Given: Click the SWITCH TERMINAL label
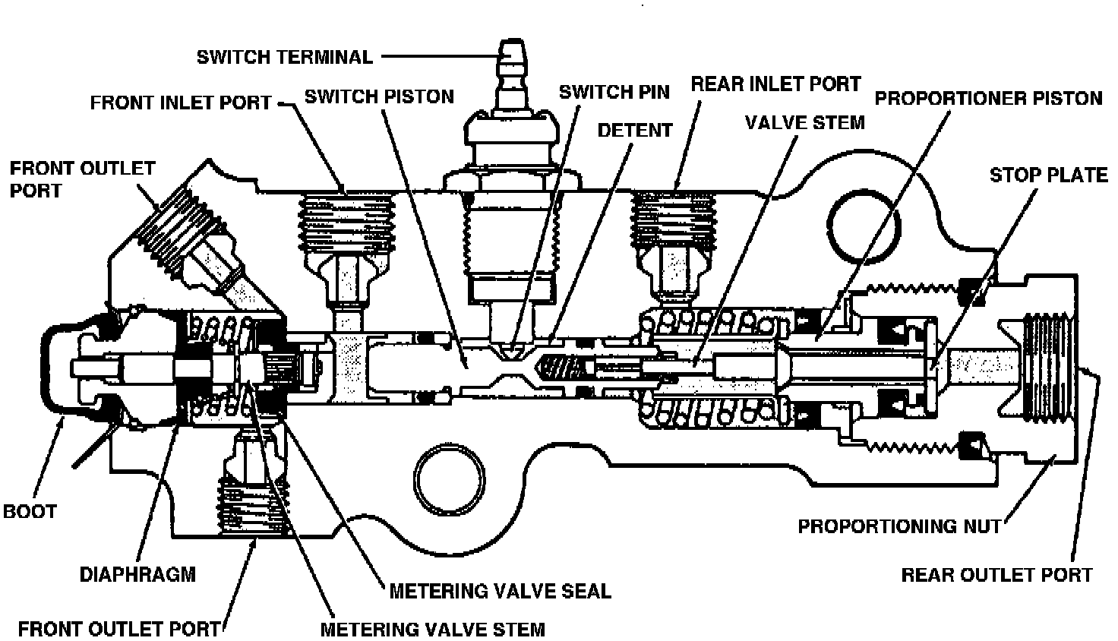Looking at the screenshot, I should pos(285,57).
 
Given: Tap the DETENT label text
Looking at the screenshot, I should pos(635,130).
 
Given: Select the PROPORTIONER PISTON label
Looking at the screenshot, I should pos(988,98).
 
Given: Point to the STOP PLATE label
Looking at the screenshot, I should pos(1048,175).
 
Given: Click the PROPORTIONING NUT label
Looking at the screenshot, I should pos(899,526).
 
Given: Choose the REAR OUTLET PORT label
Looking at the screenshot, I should pos(996,574).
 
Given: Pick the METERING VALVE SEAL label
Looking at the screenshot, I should pos(500,590).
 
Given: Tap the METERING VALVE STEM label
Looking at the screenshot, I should pos(432,629).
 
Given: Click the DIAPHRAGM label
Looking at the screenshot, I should pos(137,573).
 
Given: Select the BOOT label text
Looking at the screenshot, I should pos(30,511).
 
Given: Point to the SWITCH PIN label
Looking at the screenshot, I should pos(614,92).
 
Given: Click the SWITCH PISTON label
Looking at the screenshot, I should pos(379,96).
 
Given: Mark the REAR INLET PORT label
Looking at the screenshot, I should pos(775,83).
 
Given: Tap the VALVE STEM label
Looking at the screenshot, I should pos(804,122).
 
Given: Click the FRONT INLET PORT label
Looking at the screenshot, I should pos(181,102).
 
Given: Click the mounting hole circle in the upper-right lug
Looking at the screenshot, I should pos(865,224).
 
